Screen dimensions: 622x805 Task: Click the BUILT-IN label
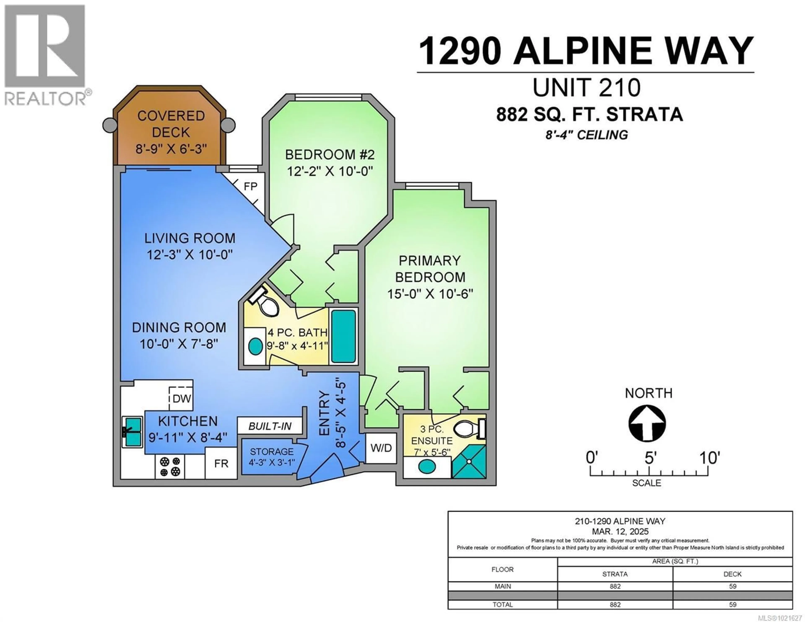(270, 426)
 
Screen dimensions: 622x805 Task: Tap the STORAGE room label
(272, 452)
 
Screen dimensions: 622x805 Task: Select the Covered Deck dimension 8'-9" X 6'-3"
(171, 149)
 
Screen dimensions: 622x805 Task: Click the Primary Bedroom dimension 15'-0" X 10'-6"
(430, 294)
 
